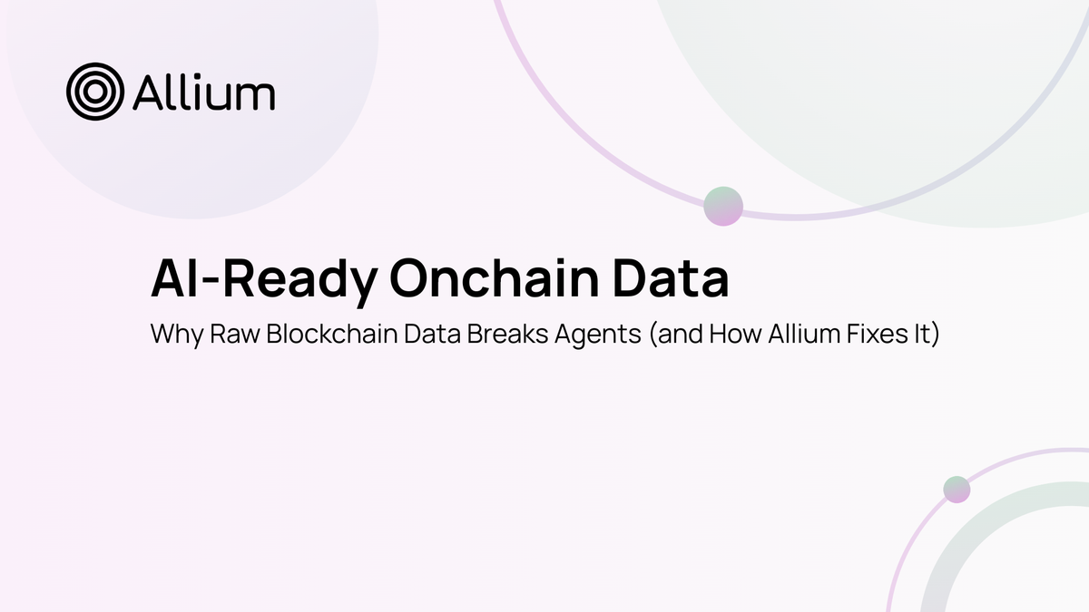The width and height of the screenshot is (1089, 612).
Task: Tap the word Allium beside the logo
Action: (x=203, y=92)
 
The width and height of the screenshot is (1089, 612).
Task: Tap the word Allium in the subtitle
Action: (x=786, y=334)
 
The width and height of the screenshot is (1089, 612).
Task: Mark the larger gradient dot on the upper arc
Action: (x=723, y=206)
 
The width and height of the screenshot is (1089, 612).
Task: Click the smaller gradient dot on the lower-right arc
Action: (x=957, y=490)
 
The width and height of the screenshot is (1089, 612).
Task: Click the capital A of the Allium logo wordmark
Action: (x=148, y=92)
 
